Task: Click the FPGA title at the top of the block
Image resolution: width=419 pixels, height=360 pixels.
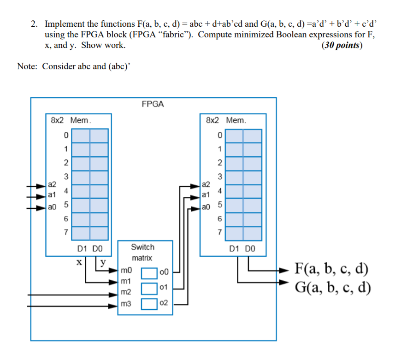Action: click(x=153, y=104)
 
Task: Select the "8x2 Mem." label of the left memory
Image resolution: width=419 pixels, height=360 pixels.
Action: click(x=71, y=120)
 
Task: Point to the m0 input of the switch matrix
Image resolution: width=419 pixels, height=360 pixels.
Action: click(x=126, y=271)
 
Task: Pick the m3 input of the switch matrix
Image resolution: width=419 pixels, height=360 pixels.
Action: click(x=126, y=304)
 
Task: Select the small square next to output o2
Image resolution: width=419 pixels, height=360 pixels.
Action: click(x=149, y=304)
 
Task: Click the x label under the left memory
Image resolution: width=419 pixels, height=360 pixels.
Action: click(x=79, y=262)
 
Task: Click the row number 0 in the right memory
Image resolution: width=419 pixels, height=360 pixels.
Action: click(x=220, y=135)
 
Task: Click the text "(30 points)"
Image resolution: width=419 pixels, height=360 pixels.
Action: click(x=342, y=46)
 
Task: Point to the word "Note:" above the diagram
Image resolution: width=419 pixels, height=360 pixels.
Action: click(x=28, y=66)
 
